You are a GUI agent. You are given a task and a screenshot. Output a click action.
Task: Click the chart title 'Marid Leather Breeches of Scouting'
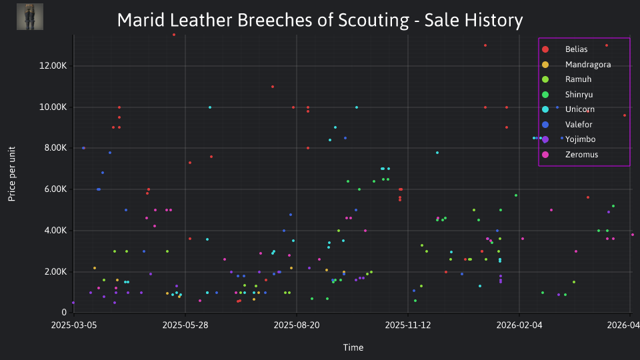pos(263,20)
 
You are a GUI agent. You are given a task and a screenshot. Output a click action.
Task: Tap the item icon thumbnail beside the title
pos(30,17)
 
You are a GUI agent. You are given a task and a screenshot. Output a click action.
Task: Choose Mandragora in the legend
pos(576,65)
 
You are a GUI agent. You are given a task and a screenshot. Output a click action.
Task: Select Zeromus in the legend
pos(570,154)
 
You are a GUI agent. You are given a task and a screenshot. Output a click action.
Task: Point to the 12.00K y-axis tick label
pos(53,66)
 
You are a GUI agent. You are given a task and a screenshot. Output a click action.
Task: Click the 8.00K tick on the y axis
pos(55,148)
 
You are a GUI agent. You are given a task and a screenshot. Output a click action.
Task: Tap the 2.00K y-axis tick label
pos(55,271)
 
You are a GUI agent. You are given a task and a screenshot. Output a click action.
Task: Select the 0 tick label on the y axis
pos(64,312)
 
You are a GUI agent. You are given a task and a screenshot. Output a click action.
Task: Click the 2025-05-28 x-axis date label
pos(185,325)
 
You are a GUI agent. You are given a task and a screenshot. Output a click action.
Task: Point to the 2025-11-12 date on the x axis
pos(408,325)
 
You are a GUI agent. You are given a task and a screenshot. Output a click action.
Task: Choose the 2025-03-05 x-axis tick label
pos(74,325)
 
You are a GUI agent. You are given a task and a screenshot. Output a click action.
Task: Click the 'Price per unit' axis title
pos(12,174)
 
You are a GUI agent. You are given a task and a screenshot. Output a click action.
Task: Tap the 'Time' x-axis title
pos(353,347)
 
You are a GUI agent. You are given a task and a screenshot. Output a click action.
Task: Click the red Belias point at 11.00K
pos(273,87)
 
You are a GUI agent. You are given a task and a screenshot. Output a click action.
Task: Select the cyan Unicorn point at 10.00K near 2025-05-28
pos(210,107)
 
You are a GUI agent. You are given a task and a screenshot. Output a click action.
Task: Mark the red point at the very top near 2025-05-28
pos(174,35)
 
